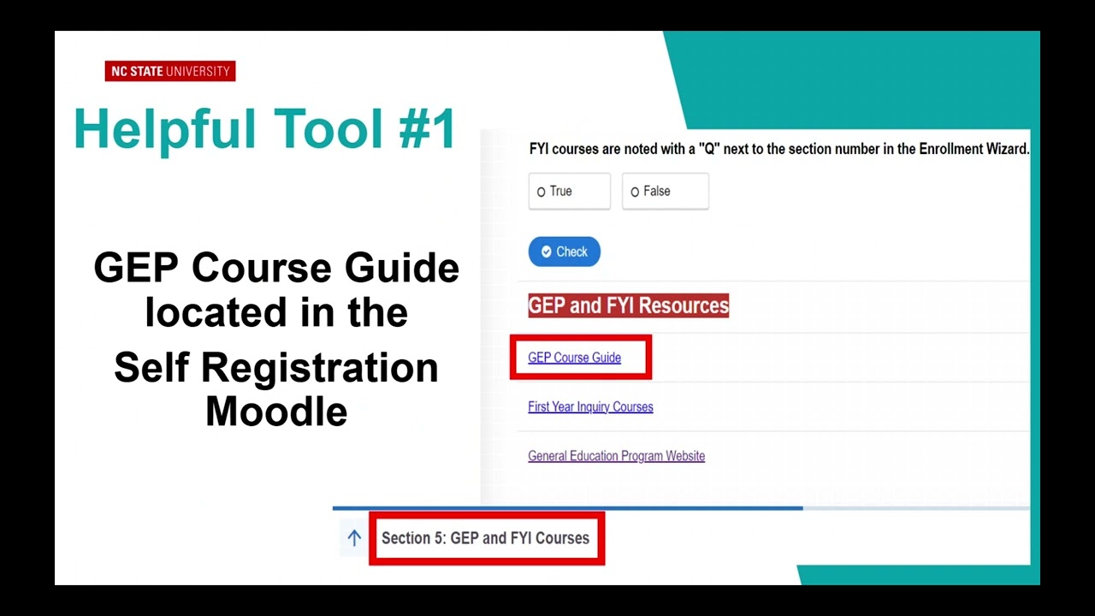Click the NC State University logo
click(170, 72)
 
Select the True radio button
click(542, 192)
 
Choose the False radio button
click(635, 192)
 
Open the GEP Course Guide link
click(574, 358)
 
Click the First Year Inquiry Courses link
click(590, 407)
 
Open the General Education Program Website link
click(616, 456)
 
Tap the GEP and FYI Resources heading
click(628, 305)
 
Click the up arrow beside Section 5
click(354, 538)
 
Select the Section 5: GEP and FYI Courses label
click(485, 538)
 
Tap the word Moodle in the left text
click(276, 412)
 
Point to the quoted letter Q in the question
click(707, 149)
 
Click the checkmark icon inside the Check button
click(547, 252)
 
